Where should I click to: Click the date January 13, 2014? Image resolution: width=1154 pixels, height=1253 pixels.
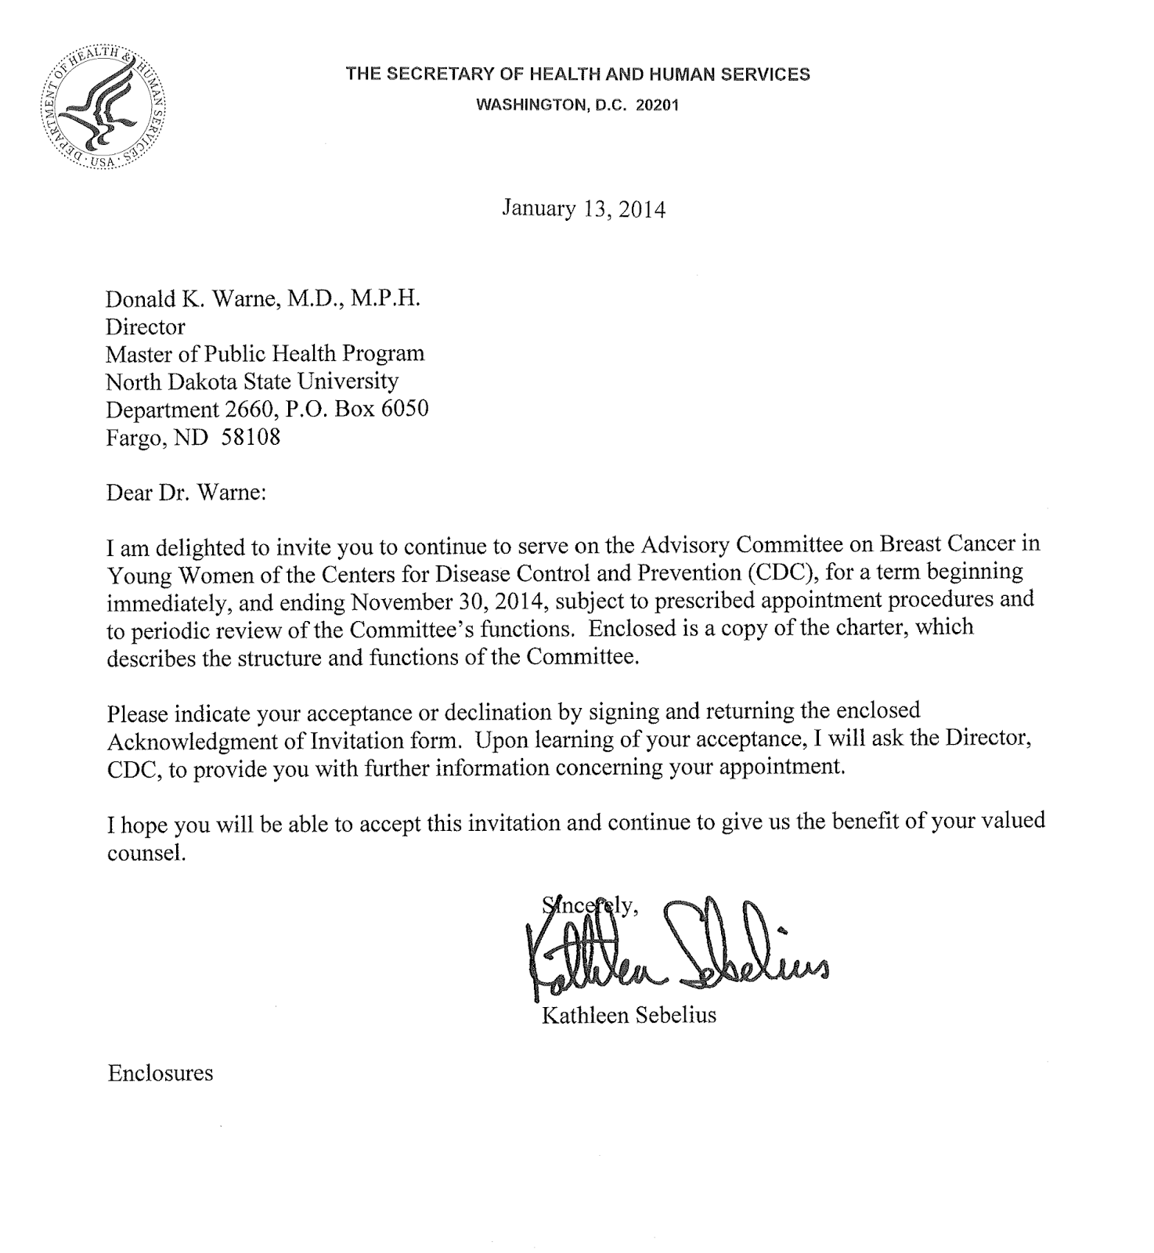click(x=583, y=209)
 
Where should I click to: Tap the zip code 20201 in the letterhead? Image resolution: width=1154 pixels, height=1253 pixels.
click(x=657, y=105)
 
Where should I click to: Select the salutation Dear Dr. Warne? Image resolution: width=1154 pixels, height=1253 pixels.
click(x=186, y=493)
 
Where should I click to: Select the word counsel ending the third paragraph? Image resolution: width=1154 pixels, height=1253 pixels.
click(x=146, y=852)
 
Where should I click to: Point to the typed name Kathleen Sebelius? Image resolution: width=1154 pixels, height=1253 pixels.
click(x=629, y=1016)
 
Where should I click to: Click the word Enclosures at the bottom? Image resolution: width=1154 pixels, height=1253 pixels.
click(x=160, y=1072)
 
